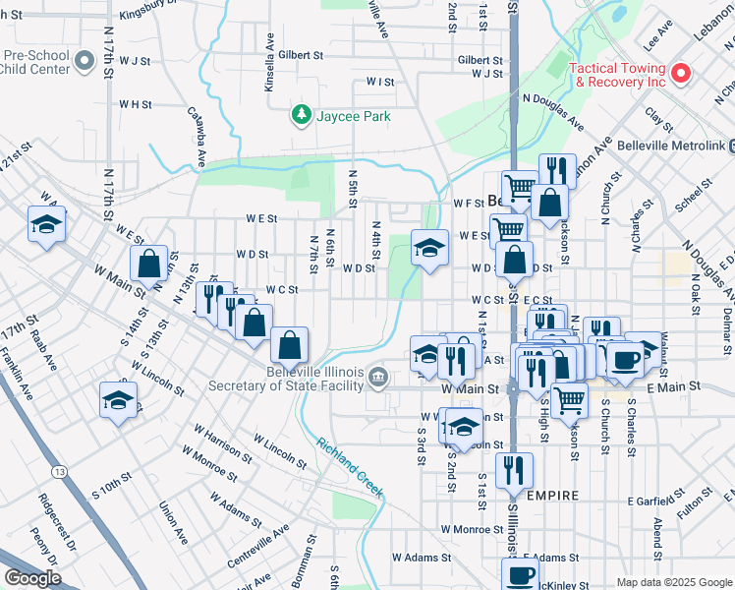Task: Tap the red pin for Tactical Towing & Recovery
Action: coord(679,74)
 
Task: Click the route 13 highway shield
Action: coord(61,473)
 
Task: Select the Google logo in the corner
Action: coord(33,578)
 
